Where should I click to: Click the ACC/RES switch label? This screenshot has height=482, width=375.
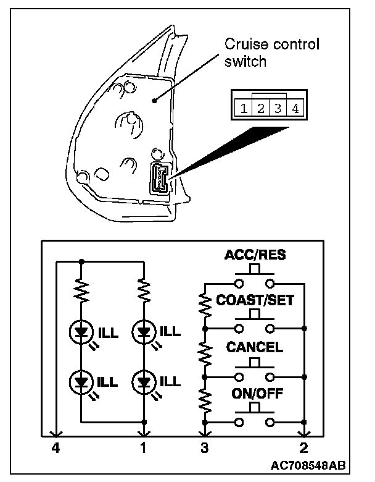(x=255, y=255)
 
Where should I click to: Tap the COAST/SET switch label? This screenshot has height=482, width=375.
(x=255, y=301)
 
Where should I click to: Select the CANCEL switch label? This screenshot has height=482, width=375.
(x=255, y=347)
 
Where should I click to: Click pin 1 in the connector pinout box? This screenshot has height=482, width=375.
(x=244, y=109)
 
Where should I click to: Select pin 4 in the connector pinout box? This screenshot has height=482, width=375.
(x=295, y=109)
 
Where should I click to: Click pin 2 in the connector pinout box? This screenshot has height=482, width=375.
(x=261, y=109)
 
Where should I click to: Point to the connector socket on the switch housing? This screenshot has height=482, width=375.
(x=159, y=179)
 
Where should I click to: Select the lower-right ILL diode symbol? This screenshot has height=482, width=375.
(x=144, y=379)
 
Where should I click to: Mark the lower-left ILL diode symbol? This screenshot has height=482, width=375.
(x=81, y=379)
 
